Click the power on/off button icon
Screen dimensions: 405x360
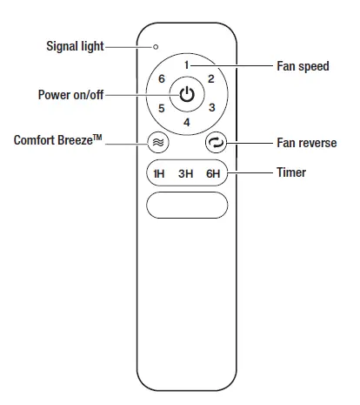tap(187, 94)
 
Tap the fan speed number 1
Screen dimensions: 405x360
tap(187, 65)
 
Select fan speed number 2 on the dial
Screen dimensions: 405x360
tap(211, 79)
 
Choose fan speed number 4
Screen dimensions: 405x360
tap(187, 123)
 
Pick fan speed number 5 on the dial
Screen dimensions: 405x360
tap(162, 109)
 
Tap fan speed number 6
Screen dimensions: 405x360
tap(162, 79)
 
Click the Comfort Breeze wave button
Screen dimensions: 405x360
tap(158, 141)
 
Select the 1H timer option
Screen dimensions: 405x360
tap(159, 173)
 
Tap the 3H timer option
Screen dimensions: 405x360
tap(185, 173)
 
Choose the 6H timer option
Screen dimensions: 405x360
tap(213, 173)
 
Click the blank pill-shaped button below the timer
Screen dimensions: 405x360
tap(187, 206)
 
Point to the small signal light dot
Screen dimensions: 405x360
tap(157, 46)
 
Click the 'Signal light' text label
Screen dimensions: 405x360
tap(73, 45)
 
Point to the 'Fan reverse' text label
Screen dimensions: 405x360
tap(307, 142)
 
